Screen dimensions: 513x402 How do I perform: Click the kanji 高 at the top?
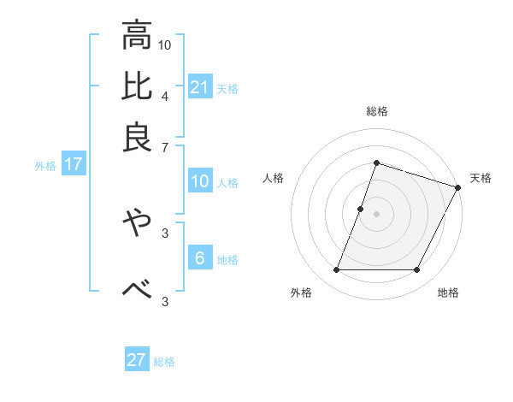137,36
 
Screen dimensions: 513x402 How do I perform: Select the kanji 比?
137,86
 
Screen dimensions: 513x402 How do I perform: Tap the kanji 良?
137,137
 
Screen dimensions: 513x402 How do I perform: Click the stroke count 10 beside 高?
165,45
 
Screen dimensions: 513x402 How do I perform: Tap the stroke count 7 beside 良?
165,147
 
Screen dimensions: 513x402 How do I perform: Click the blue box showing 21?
200,86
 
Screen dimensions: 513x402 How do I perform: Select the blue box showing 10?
200,181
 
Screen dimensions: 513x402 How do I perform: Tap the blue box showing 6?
200,257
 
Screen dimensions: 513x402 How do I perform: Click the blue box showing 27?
137,360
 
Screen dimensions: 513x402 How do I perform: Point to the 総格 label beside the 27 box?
164,362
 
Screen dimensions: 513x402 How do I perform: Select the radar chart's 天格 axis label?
481,179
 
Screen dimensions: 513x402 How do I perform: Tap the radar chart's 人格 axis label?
273,179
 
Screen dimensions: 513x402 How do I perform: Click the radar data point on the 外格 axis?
336,270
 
